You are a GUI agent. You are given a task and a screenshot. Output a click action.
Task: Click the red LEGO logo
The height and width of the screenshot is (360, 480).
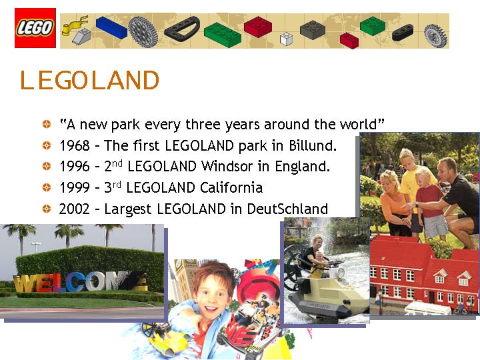click(35, 28)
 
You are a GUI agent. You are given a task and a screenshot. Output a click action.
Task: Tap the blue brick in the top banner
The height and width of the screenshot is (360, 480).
click(111, 27)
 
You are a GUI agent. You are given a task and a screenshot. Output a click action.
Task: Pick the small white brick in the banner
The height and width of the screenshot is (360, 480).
click(287, 39)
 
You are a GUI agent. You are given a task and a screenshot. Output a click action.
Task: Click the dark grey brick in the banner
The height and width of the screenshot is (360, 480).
click(311, 29)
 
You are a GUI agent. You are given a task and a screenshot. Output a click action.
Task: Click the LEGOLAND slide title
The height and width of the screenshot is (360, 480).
click(89, 81)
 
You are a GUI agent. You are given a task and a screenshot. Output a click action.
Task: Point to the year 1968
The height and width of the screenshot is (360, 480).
click(74, 145)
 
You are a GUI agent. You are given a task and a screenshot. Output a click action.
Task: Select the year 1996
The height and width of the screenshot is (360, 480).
click(74, 167)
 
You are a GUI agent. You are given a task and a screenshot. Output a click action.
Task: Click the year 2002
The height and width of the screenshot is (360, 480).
click(74, 209)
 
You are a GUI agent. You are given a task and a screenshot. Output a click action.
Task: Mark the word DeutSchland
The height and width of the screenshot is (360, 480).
click(287, 209)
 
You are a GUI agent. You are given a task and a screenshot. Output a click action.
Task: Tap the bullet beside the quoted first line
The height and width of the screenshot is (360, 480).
click(46, 124)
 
